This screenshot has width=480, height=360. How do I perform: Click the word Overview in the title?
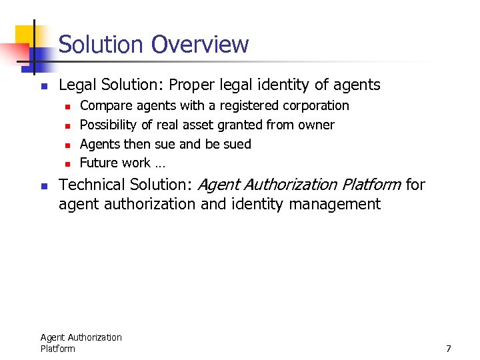click(x=199, y=45)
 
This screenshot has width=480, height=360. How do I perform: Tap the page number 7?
click(x=449, y=349)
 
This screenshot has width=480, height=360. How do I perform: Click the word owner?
click(x=317, y=125)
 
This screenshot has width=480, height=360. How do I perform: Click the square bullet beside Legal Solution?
click(x=43, y=86)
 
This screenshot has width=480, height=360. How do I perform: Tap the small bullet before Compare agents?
click(x=66, y=106)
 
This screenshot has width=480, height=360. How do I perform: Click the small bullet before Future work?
click(x=66, y=163)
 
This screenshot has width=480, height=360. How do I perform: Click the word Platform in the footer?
click(x=57, y=349)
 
